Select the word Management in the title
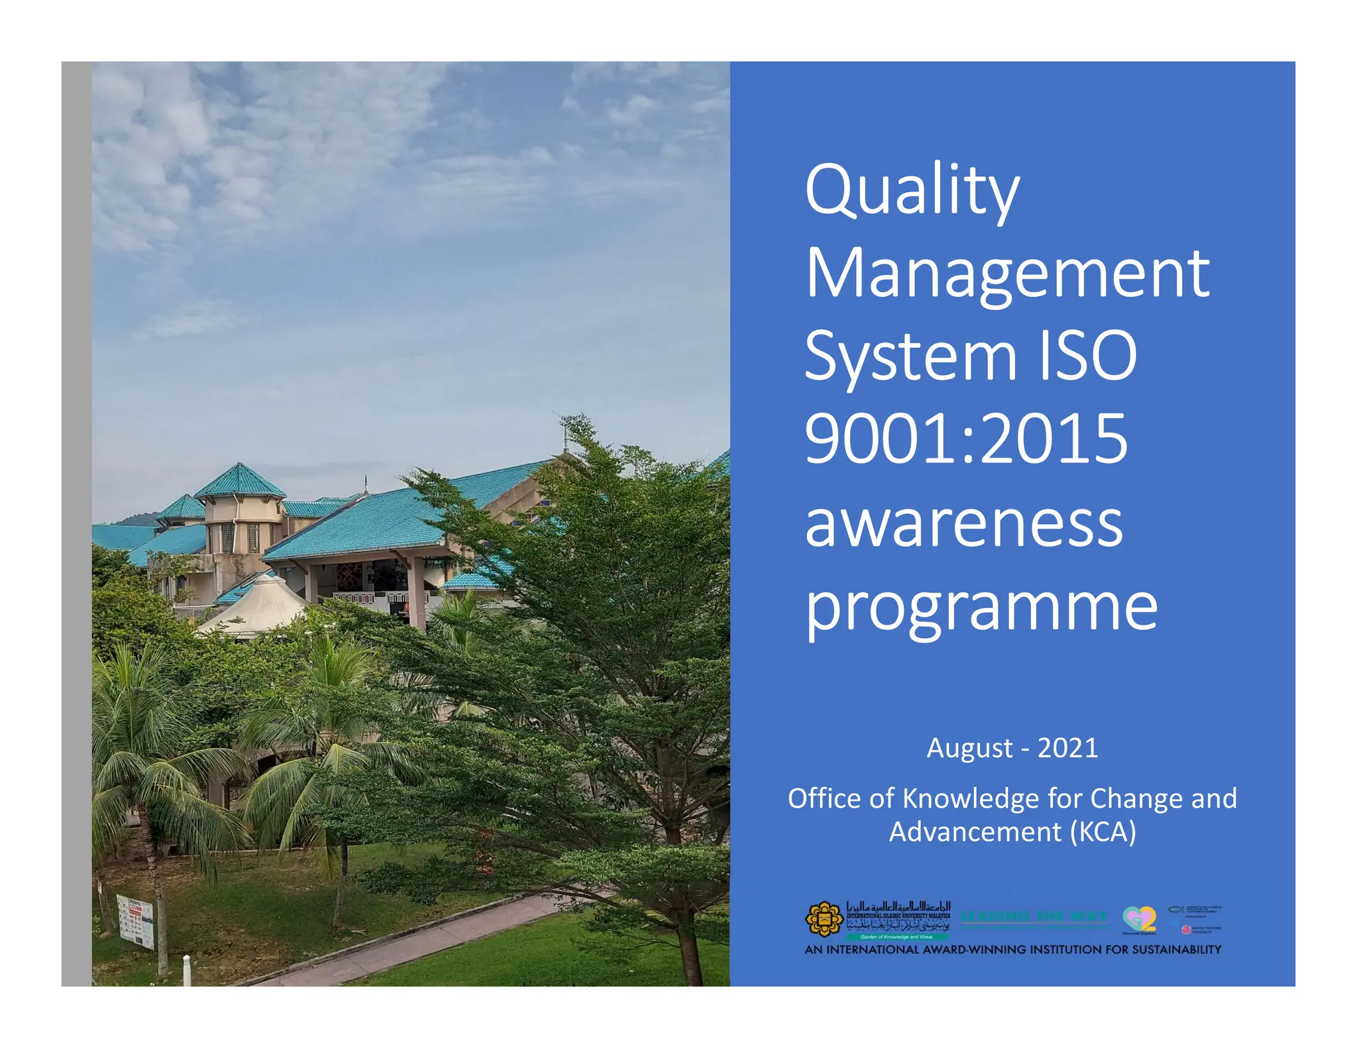pos(1007,274)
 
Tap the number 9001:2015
pos(965,439)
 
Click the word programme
pos(981,608)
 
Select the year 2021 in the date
pos(1067,748)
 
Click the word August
pos(969,749)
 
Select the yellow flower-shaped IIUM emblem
pos(824,919)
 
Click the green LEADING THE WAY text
pos(1034,916)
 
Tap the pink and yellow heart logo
pos(1139,919)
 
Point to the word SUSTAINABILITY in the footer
pos(1176,949)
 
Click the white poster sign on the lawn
pos(135,920)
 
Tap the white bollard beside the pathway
pos(187,970)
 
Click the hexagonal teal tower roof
pos(240,482)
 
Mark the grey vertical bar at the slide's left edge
pos(76,523)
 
